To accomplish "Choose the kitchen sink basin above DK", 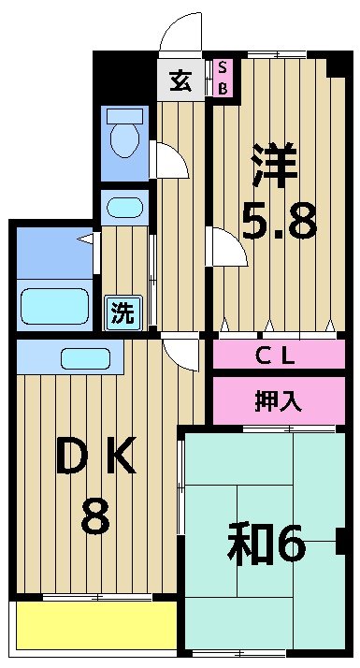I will [86, 357].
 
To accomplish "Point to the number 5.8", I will [278, 222].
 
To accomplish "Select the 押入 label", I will [278, 400].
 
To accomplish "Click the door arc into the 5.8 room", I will [224, 247].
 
